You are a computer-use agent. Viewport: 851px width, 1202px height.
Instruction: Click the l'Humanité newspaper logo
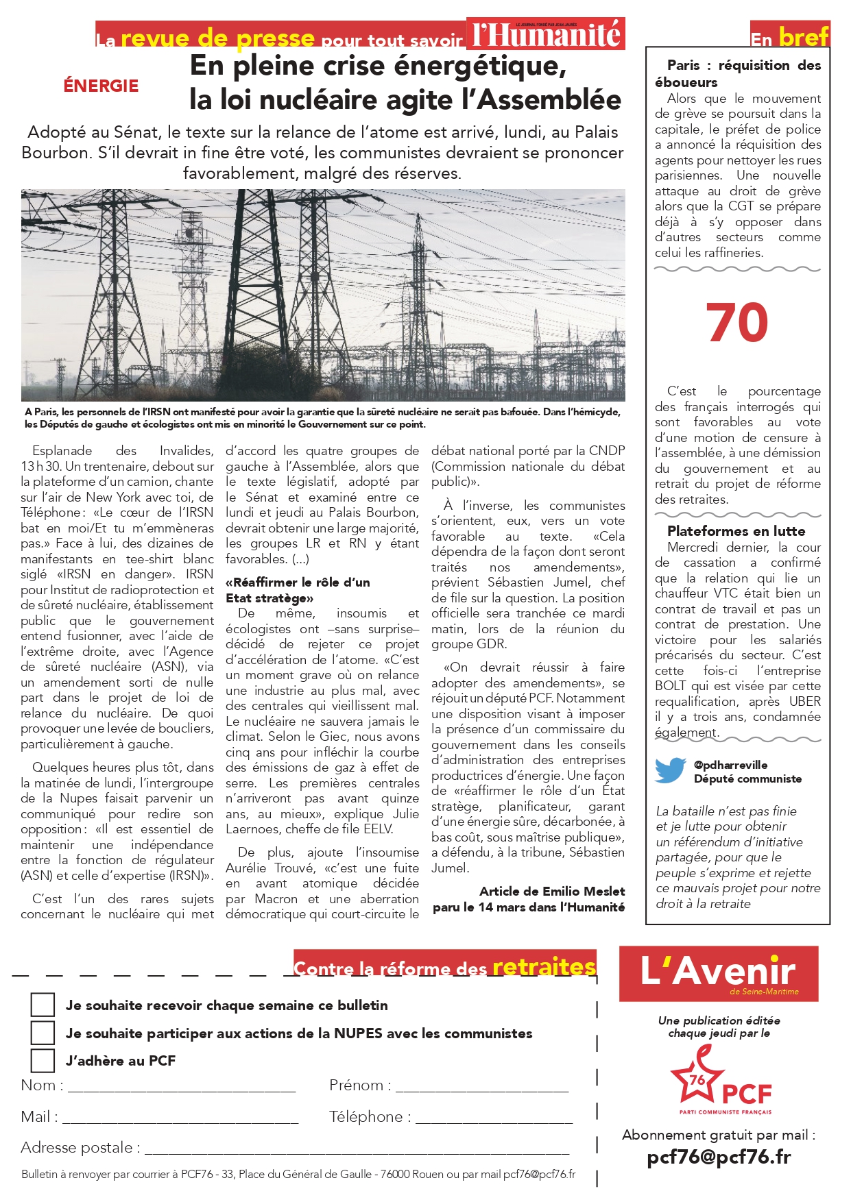[x=547, y=34]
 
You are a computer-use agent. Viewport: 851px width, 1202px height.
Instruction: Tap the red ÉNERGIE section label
[x=101, y=86]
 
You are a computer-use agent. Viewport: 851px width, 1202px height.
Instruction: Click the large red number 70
[x=736, y=323]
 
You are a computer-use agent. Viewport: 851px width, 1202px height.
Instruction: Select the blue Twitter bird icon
[x=670, y=770]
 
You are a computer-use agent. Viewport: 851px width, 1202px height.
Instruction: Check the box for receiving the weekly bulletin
[x=43, y=1005]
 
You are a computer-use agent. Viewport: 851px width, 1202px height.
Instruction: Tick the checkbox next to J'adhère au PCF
[x=43, y=1060]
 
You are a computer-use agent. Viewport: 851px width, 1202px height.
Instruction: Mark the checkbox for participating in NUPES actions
[x=43, y=1032]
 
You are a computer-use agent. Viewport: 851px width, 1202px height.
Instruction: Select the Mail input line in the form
[x=180, y=1120]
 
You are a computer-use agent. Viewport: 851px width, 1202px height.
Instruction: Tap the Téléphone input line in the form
[x=494, y=1120]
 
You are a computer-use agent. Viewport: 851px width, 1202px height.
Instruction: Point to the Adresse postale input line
[x=357, y=1151]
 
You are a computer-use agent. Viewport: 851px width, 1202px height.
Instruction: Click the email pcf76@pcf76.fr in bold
[x=719, y=1157]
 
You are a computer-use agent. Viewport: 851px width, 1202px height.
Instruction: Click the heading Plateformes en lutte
[x=736, y=531]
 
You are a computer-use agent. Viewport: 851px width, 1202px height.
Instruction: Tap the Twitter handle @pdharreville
[x=730, y=765]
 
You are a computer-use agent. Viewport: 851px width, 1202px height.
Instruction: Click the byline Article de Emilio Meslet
[x=552, y=891]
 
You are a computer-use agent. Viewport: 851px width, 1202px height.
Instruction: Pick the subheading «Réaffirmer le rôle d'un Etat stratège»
[x=298, y=590]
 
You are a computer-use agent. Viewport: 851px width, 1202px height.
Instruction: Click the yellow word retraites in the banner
[x=544, y=966]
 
